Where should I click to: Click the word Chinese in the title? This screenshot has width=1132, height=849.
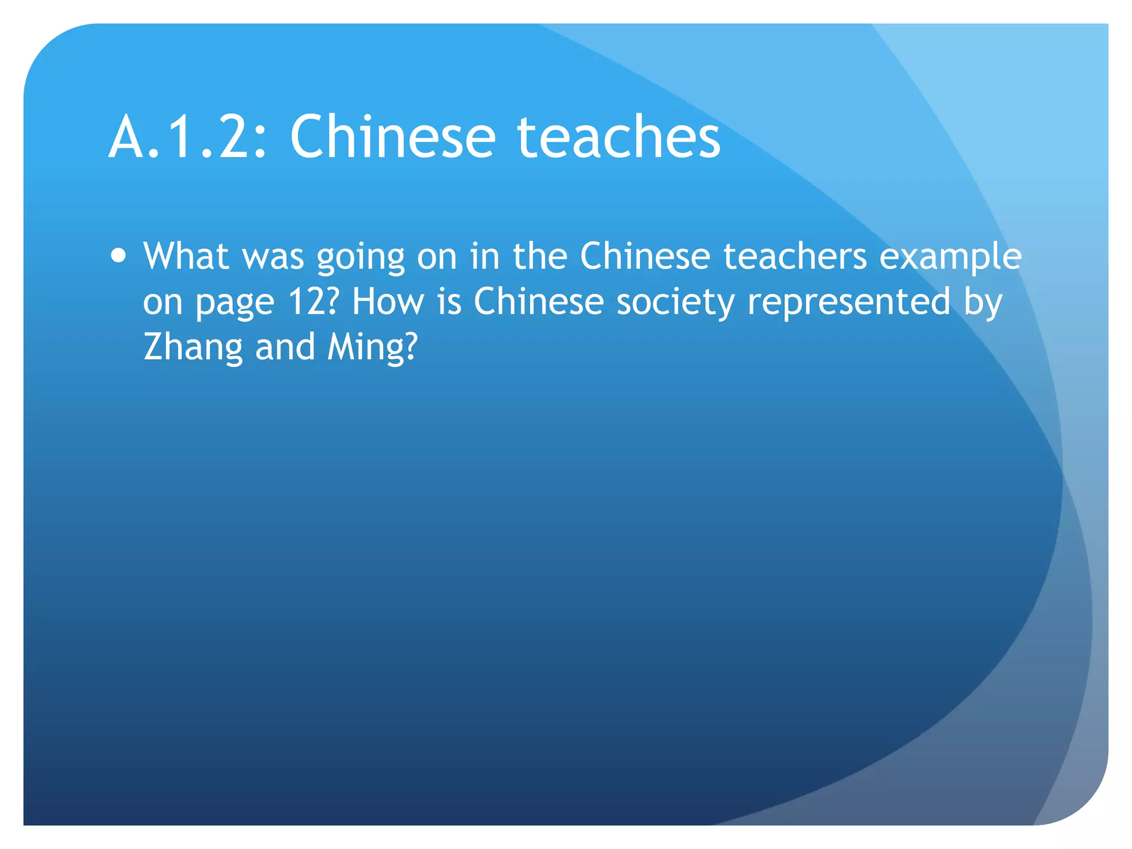coord(392,137)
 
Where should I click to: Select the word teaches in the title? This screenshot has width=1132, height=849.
coord(619,137)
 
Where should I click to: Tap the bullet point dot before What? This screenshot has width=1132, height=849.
coord(118,256)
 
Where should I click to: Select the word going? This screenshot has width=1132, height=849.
coord(360,259)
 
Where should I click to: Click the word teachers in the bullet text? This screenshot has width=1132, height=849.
coord(795,256)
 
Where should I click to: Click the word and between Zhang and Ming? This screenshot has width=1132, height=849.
coord(285,347)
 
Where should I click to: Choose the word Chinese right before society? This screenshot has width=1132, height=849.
coord(538,302)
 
